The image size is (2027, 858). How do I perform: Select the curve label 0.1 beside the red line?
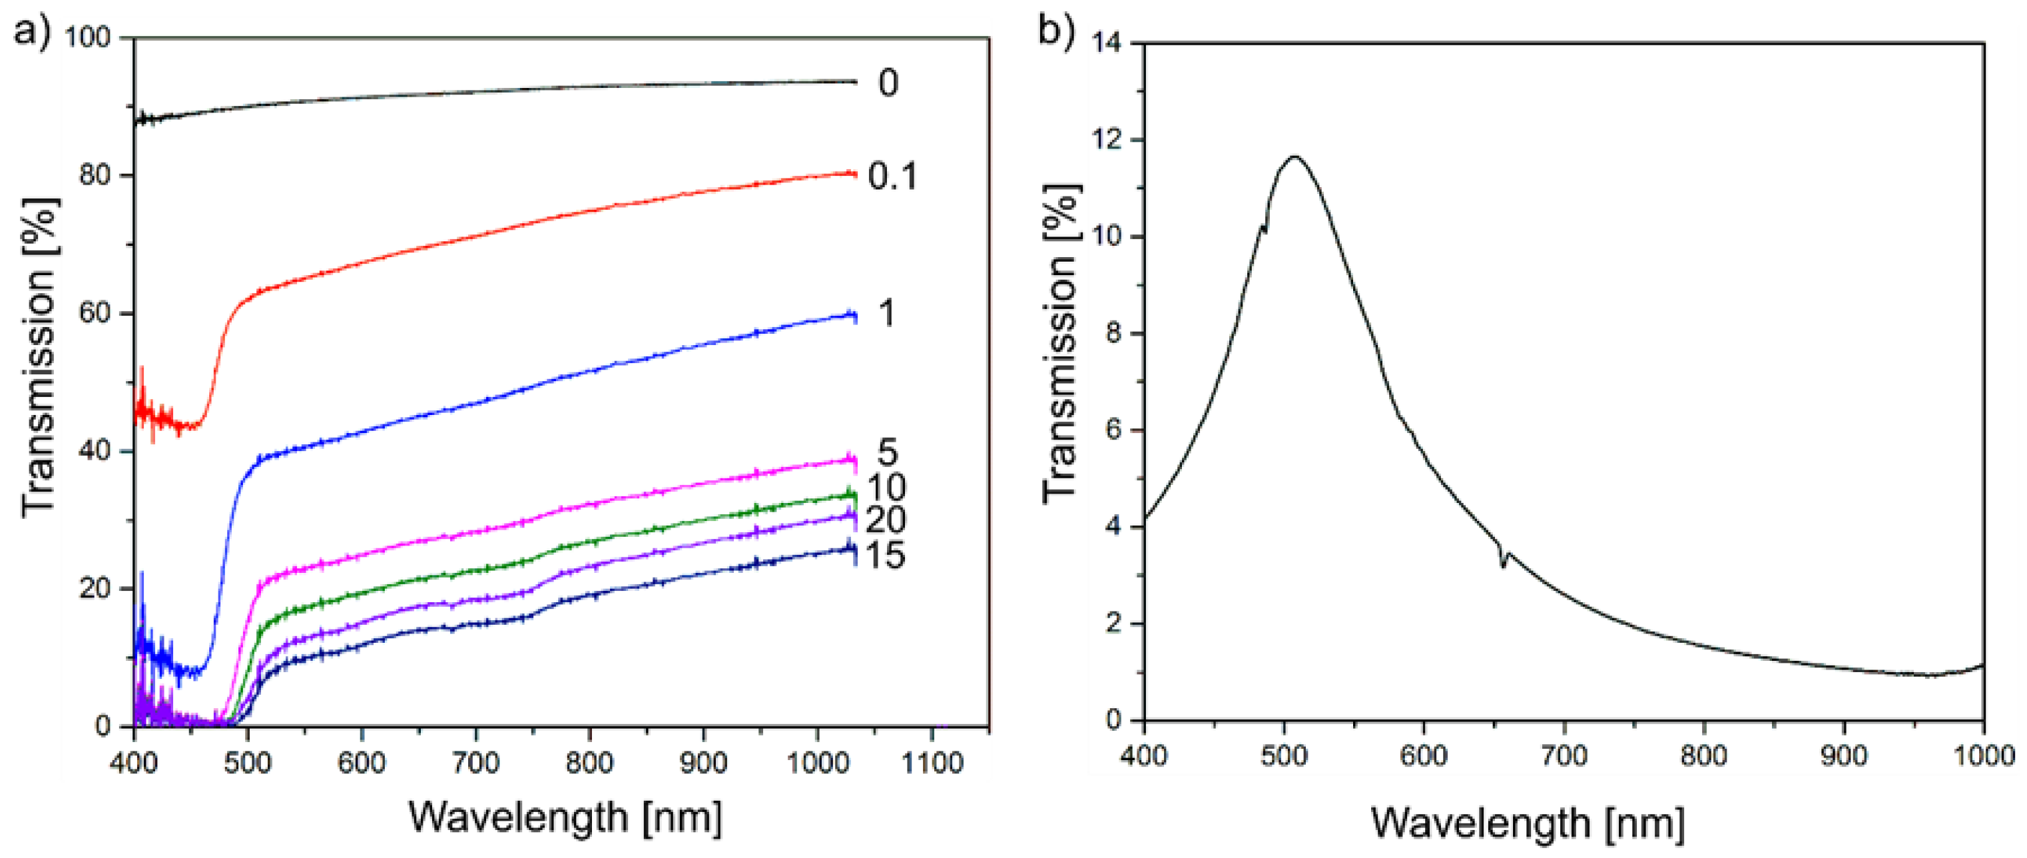[892, 177]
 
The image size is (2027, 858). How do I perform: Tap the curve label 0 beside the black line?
[888, 83]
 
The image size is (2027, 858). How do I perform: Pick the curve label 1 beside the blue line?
[887, 313]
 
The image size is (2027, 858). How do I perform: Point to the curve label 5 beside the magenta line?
[888, 452]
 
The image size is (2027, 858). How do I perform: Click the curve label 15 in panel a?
[885, 556]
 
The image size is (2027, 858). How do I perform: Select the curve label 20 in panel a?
[885, 520]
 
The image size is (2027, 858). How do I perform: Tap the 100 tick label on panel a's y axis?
[87, 37]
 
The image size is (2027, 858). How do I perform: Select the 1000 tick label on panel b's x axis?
[1983, 755]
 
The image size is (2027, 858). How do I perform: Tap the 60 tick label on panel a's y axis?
[95, 313]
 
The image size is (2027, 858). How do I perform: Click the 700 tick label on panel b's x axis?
[1564, 755]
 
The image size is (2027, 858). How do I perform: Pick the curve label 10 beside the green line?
[886, 488]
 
